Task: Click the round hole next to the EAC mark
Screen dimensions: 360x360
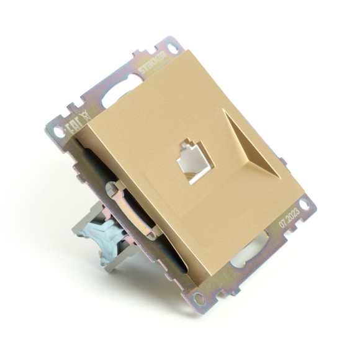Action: point(58,132)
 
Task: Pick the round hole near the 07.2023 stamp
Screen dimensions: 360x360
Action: point(305,204)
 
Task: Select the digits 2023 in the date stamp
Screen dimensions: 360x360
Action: point(293,219)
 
